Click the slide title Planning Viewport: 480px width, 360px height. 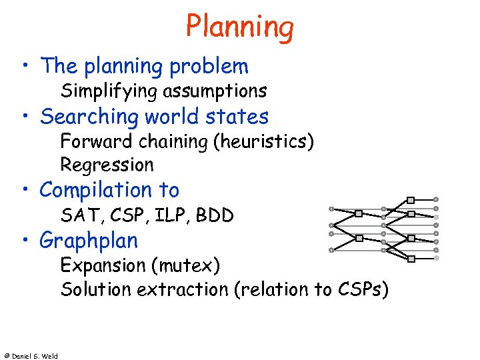coord(239,27)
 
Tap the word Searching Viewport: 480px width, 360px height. coord(91,117)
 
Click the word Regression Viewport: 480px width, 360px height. coord(107,165)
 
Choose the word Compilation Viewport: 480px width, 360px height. coord(97,191)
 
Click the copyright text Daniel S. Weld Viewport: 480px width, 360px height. coord(33,356)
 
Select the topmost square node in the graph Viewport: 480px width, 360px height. coord(411,199)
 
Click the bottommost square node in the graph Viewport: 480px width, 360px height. coord(411,257)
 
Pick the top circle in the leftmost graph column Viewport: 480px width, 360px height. coord(331,208)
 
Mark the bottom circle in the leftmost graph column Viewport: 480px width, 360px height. coord(331,250)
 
